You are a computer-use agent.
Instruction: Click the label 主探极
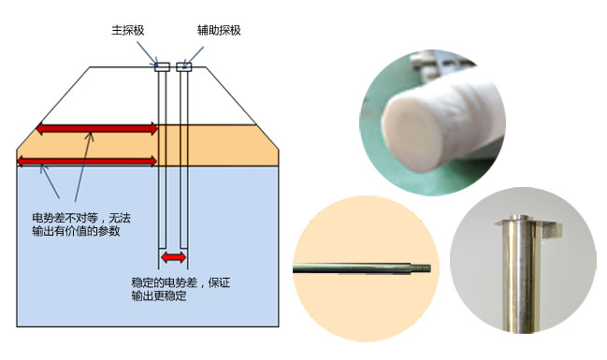(128, 31)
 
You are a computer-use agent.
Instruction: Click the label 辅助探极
(219, 31)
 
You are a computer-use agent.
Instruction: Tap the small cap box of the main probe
(162, 67)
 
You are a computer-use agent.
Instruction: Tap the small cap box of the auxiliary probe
(184, 67)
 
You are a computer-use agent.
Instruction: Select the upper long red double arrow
(97, 129)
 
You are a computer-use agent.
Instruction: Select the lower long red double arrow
(88, 161)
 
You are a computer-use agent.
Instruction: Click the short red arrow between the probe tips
(173, 257)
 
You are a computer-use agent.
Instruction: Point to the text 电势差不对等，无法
(81, 218)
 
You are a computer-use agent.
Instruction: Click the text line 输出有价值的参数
(76, 231)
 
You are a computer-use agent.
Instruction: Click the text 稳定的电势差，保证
(181, 282)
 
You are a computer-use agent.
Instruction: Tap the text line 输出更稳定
(159, 296)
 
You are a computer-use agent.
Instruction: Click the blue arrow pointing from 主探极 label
(147, 53)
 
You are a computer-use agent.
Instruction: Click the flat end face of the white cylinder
(413, 133)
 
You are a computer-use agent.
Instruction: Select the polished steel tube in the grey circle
(519, 274)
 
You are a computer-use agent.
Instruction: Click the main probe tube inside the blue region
(162, 207)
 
